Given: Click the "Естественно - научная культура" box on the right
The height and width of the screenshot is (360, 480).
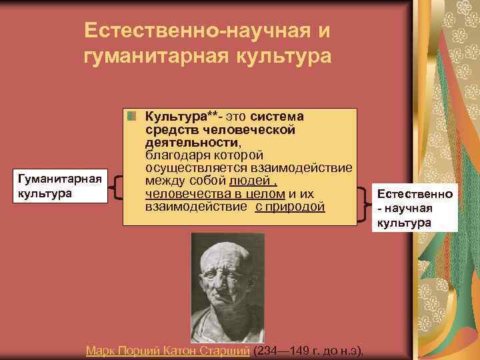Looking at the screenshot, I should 414,208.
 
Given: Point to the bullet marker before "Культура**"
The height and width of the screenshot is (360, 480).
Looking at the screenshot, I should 133,116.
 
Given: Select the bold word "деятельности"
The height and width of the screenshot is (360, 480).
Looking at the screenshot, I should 189,142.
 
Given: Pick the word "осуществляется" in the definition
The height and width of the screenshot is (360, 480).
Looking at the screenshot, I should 192,167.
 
